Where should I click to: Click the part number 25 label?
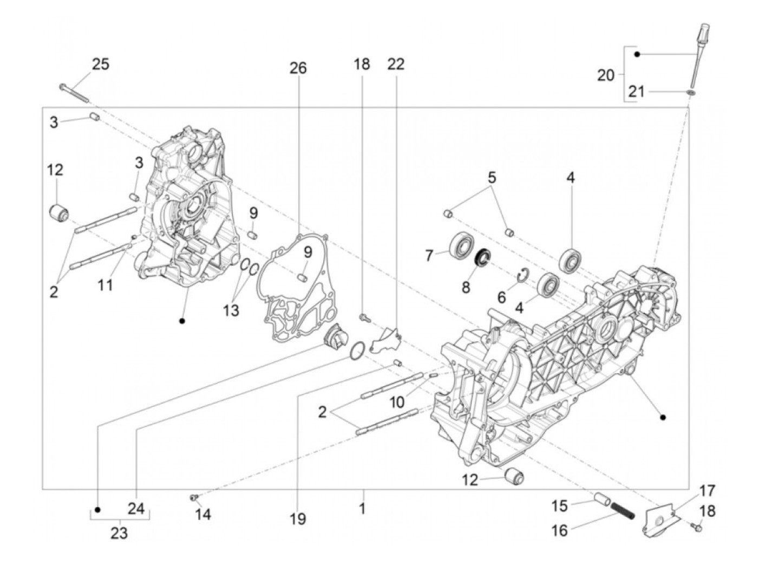coord(100,64)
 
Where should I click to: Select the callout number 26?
coord(298,68)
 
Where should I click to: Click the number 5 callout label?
coord(492,178)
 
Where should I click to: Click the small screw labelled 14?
coord(193,497)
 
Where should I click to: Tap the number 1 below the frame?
coord(362,508)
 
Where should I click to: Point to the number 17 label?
coord(707,491)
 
